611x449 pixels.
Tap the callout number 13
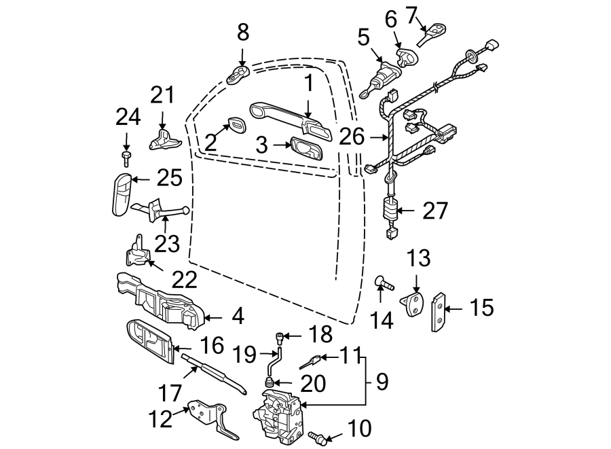[x=419, y=258]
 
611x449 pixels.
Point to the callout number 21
[x=162, y=96]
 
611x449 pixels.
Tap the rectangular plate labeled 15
[x=439, y=310]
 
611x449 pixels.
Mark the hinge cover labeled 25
[x=122, y=195]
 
